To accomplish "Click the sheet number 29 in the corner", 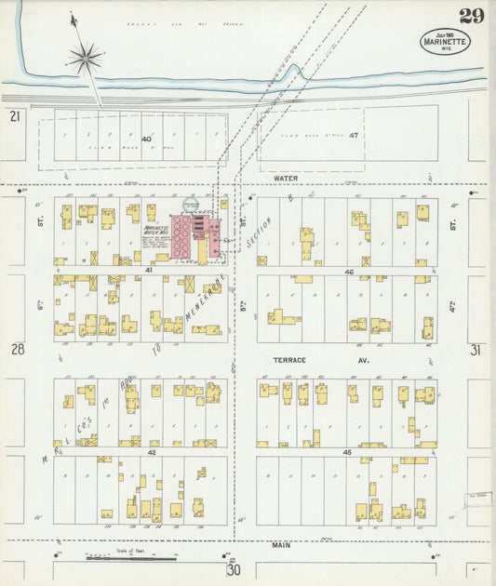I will (470, 15).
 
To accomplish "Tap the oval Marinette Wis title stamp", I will (445, 41).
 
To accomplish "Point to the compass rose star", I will (85, 59).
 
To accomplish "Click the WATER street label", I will (285, 176).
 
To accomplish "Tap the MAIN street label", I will (281, 545).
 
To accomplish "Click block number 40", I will (146, 139).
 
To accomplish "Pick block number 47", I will (354, 136).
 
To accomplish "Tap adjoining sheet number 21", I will (14, 115).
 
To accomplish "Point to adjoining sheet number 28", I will (16, 349).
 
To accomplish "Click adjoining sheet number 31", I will (476, 350).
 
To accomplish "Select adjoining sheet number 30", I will (233, 570).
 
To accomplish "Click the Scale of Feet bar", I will (130, 558).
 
